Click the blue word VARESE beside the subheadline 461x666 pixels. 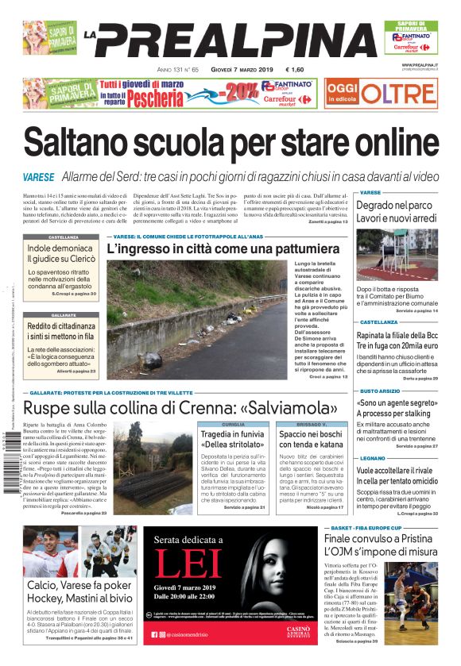coord(39,176)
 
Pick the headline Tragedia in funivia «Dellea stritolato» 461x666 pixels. coord(232,440)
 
